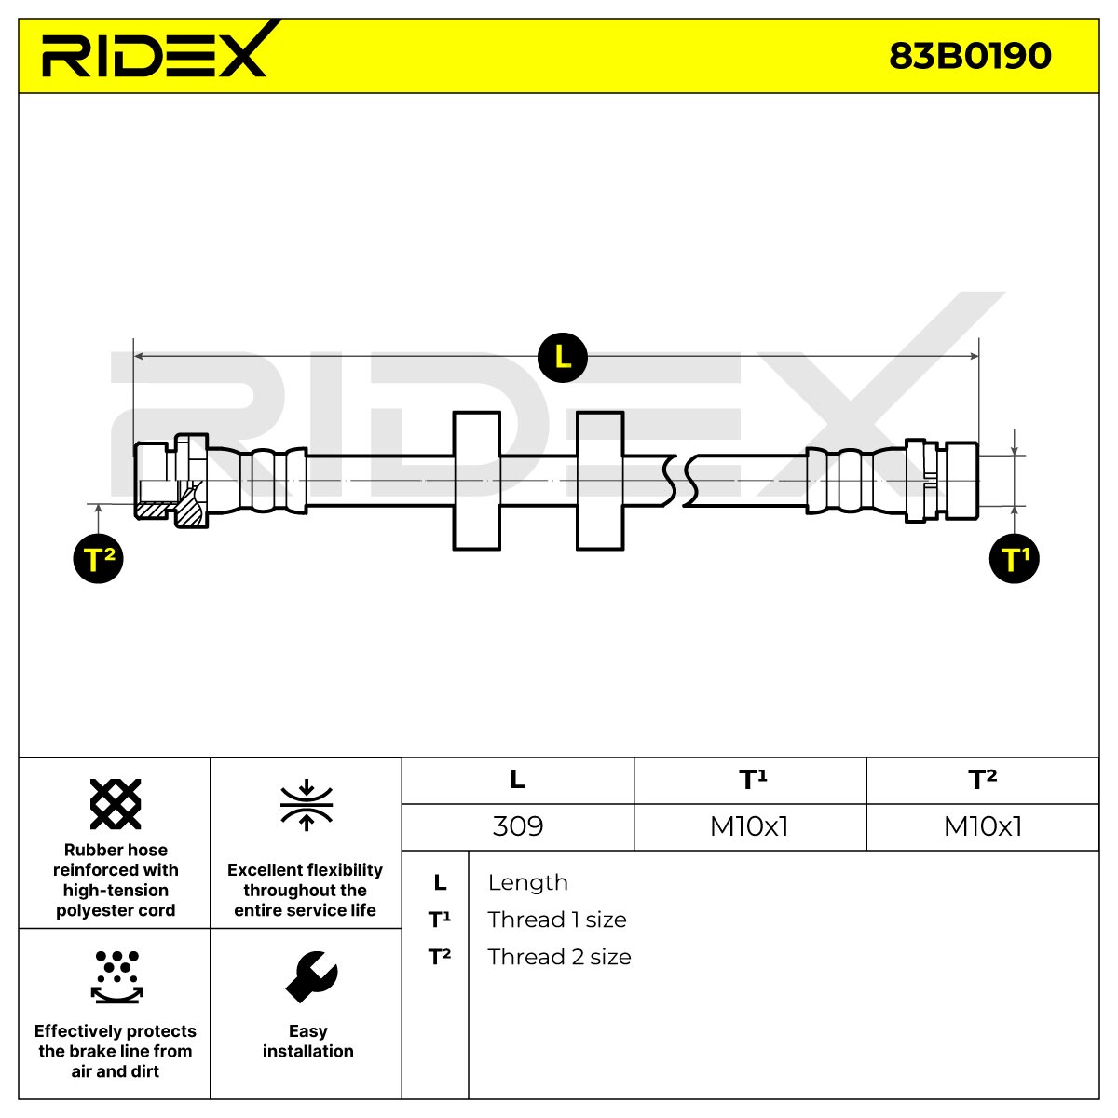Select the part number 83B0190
(x=970, y=56)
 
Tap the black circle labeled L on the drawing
(x=562, y=358)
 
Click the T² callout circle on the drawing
(x=98, y=559)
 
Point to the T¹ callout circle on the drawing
(x=1014, y=559)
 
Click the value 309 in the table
(x=517, y=826)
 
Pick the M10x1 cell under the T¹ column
(x=749, y=826)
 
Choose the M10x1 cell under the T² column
(x=983, y=826)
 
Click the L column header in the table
(x=517, y=779)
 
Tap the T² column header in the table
(x=982, y=779)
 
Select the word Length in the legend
(x=528, y=882)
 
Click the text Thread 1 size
(x=557, y=920)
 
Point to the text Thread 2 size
(x=559, y=957)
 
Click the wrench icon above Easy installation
(x=311, y=977)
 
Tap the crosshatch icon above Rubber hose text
(x=116, y=803)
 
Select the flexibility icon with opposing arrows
(x=307, y=805)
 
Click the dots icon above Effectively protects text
(x=117, y=977)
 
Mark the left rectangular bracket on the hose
(x=476, y=481)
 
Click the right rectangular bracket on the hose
(x=600, y=481)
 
